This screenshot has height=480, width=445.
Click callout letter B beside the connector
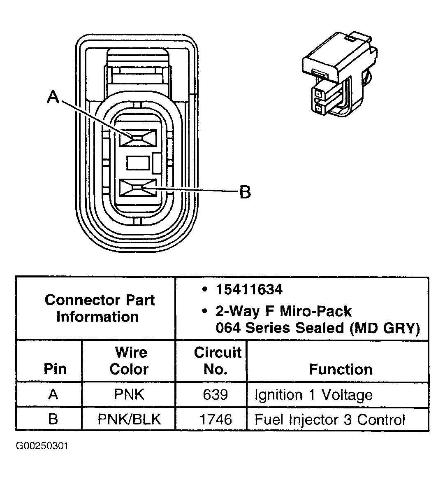click(x=245, y=192)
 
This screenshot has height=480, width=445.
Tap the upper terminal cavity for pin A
click(x=137, y=138)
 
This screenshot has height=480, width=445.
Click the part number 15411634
click(x=249, y=289)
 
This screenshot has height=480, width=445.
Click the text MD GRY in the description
click(x=385, y=328)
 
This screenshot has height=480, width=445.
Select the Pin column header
click(x=55, y=369)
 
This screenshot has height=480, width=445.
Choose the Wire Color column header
click(x=129, y=361)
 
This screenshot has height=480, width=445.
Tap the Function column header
click(x=341, y=369)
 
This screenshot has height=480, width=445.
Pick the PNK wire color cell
click(x=129, y=394)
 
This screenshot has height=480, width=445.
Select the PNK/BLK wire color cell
click(x=129, y=419)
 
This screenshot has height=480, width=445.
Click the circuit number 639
click(x=216, y=394)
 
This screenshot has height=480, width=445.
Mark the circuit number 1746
click(x=216, y=419)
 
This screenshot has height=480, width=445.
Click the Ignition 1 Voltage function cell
click(x=313, y=395)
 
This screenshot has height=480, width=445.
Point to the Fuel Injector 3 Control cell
click(x=330, y=419)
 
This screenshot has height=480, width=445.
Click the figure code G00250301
click(x=42, y=446)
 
